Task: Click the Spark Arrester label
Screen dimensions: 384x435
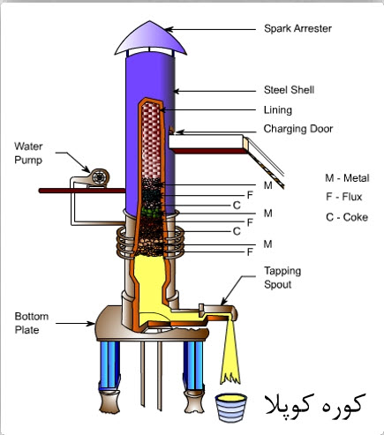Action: pyautogui.click(x=297, y=29)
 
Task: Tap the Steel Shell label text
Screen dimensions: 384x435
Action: pyautogui.click(x=289, y=90)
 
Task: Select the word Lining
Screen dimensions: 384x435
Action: pyautogui.click(x=278, y=110)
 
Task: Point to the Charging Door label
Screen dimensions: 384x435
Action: pyautogui.click(x=298, y=129)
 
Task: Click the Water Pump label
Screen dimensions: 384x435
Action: pyautogui.click(x=28, y=154)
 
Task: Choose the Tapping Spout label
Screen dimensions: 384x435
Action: pyautogui.click(x=282, y=278)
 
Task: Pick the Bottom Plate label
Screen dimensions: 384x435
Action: pyautogui.click(x=32, y=323)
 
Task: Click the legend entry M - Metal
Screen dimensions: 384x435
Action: pyautogui.click(x=347, y=178)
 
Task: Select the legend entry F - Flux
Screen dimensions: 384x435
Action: pyautogui.click(x=343, y=197)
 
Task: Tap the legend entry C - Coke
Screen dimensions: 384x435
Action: pyautogui.click(x=347, y=217)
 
